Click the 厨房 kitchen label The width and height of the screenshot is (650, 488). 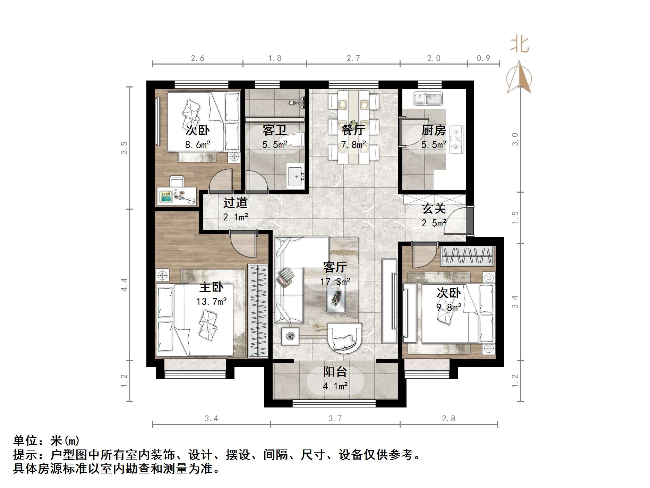[434, 131]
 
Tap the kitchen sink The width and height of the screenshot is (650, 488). [428, 99]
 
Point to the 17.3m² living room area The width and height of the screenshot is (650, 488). [335, 281]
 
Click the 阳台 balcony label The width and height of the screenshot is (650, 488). [335, 372]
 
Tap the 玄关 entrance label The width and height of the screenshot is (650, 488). [434, 209]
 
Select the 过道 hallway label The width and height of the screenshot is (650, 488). [235, 203]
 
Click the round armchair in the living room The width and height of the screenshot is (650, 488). [344, 338]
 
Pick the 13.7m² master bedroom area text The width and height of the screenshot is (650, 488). [211, 302]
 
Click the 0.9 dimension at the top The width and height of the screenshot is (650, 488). [483, 58]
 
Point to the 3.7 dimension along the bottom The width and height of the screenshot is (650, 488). [335, 419]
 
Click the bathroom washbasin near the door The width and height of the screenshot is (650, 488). [295, 177]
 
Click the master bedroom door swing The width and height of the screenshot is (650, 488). [243, 245]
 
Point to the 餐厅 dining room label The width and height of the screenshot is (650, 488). [353, 131]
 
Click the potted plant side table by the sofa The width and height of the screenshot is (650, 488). [290, 336]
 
